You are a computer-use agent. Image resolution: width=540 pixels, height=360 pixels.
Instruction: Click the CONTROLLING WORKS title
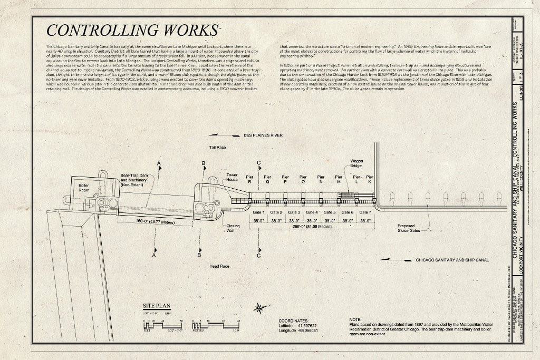click(132, 30)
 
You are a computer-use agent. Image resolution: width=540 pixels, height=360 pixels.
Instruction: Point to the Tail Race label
click(217, 148)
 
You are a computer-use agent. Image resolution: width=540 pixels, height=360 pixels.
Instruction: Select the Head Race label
click(219, 267)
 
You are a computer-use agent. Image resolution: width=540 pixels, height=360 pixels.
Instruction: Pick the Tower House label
click(232, 177)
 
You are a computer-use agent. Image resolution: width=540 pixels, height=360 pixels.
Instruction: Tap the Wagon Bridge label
click(356, 163)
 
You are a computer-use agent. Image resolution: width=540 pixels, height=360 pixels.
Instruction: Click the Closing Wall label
click(233, 228)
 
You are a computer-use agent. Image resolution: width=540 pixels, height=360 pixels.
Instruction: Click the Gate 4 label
click(312, 212)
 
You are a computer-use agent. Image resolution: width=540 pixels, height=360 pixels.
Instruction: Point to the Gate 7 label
click(365, 212)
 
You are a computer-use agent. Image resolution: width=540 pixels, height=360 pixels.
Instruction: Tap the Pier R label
click(249, 179)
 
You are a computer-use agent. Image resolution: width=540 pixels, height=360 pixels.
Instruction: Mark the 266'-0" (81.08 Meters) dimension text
click(312, 227)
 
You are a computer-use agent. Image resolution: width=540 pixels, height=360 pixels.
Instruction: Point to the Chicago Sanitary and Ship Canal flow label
click(452, 260)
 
